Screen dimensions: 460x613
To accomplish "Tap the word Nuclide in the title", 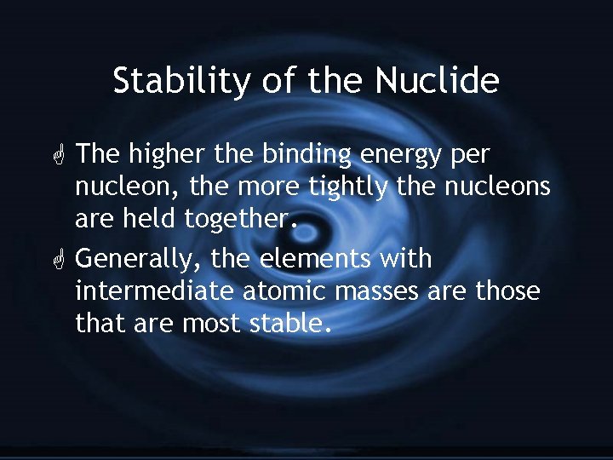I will (438, 82).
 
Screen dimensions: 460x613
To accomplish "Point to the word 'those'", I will (508, 291).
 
